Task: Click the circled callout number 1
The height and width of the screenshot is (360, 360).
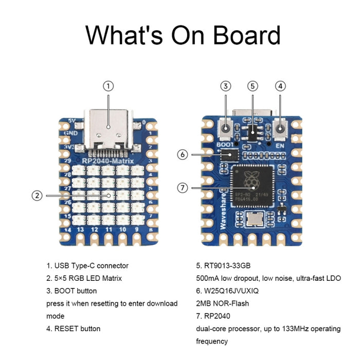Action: pyautogui.click(x=109, y=86)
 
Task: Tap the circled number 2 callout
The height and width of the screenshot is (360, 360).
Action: pyautogui.click(x=37, y=195)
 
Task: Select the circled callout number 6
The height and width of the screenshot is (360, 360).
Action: pyautogui.click(x=183, y=154)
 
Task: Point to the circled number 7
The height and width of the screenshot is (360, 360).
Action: pyautogui.click(x=183, y=188)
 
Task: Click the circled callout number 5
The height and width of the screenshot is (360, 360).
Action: pyautogui.click(x=252, y=86)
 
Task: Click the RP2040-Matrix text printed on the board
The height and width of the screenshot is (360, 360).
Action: pyautogui.click(x=108, y=161)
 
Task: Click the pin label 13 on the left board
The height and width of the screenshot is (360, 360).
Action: pyautogui.click(x=80, y=229)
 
